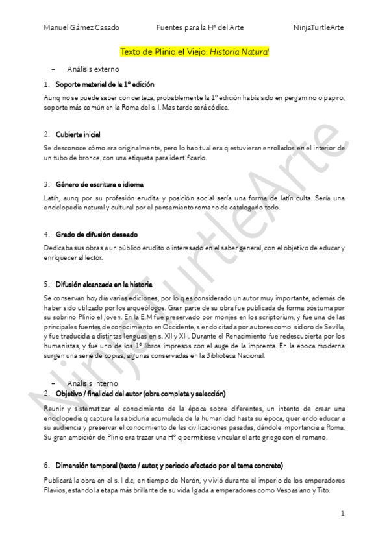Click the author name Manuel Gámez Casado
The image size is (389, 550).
[x=81, y=27]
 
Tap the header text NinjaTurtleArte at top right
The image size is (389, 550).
[x=318, y=27]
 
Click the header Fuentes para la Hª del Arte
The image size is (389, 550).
[x=200, y=27]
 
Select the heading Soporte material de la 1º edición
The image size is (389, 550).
[x=105, y=84]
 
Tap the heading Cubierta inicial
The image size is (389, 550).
[x=77, y=134]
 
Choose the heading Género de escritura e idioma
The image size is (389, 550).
[x=99, y=184]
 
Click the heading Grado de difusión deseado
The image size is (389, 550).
[x=96, y=234]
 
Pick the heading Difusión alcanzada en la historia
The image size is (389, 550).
[x=104, y=284]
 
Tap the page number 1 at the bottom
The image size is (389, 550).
[x=342, y=514]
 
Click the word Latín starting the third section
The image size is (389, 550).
[x=51, y=197]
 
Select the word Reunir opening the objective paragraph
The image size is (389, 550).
[x=53, y=409]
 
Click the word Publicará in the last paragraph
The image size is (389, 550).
[x=58, y=480]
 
